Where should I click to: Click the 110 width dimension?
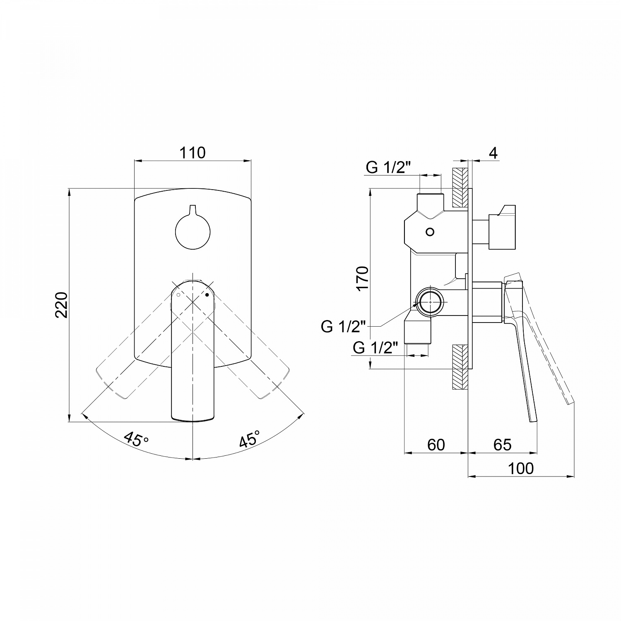coord(193,153)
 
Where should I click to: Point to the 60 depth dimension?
coord(436,445)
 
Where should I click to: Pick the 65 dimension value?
coord(503,445)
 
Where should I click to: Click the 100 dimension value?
coord(521,469)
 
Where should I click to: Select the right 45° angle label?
coord(250,439)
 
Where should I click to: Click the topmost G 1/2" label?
coord(388,168)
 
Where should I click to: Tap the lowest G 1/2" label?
coord(375,348)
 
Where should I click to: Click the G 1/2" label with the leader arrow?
coord(343,326)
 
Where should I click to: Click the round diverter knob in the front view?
coord(193,232)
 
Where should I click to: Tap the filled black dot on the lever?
coord(207,295)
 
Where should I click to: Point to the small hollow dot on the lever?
coord(178,295)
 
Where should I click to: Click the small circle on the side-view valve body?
coord(430,232)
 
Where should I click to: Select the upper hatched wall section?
coord(460,188)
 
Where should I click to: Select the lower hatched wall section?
coord(460,367)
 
